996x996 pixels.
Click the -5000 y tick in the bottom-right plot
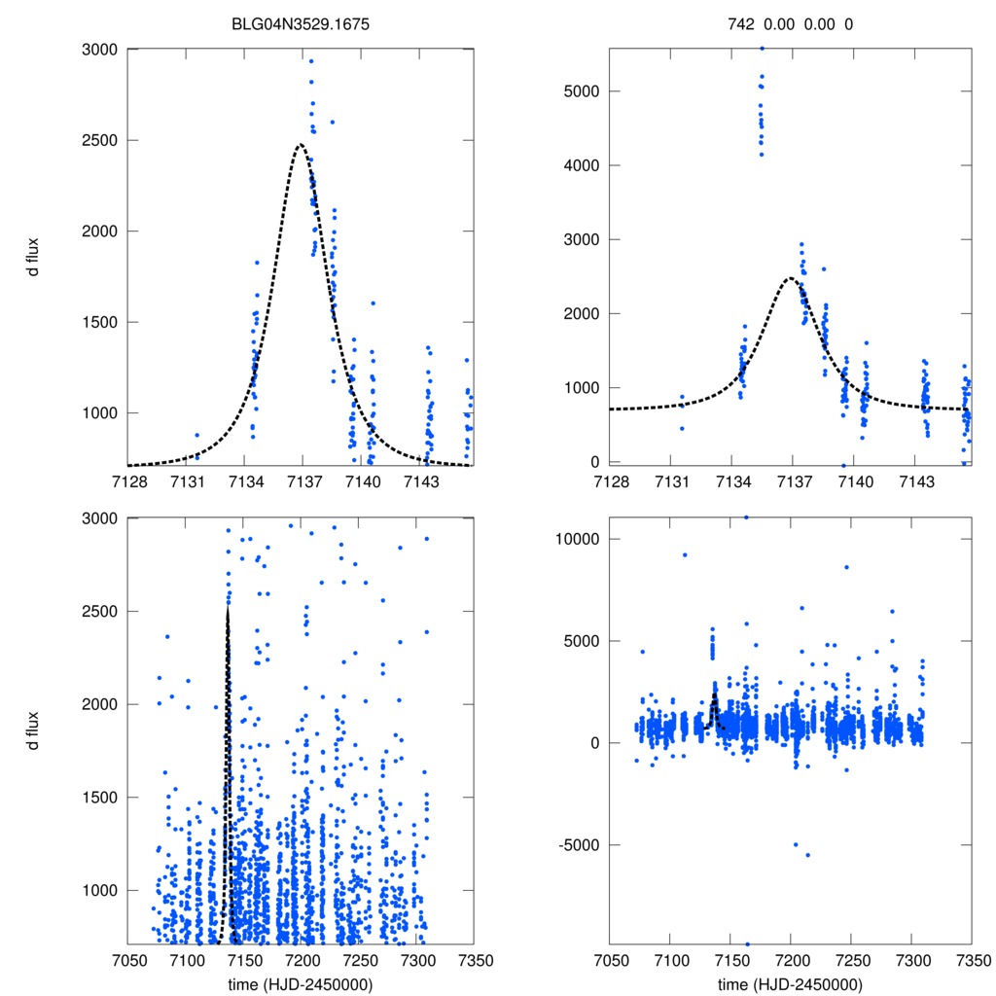click(578, 844)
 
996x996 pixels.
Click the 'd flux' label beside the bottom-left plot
click(34, 730)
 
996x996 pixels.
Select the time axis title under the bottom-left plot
click(300, 983)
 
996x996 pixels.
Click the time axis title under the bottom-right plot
click(790, 983)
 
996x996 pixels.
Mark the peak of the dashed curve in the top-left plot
click(300, 145)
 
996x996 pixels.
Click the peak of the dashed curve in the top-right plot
click(791, 278)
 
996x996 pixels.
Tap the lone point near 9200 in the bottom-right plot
click(685, 554)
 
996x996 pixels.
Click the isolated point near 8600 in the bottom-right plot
click(846, 567)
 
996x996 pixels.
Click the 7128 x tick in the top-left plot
click(127, 483)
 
